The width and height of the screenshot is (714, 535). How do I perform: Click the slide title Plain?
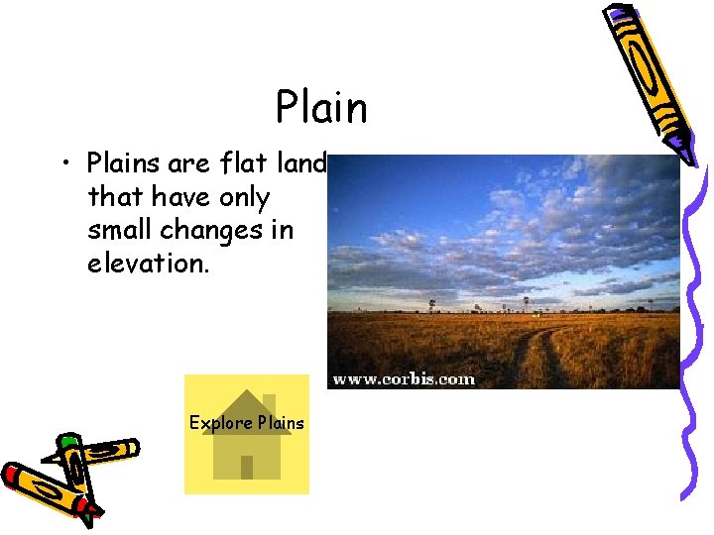[321, 107]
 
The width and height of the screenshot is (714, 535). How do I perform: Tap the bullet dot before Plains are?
[68, 162]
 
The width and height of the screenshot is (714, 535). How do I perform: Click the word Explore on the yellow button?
[220, 423]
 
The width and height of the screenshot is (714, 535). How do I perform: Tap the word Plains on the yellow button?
[281, 423]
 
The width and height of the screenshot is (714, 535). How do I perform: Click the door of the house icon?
[247, 466]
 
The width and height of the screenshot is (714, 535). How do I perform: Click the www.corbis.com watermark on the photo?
[403, 378]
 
